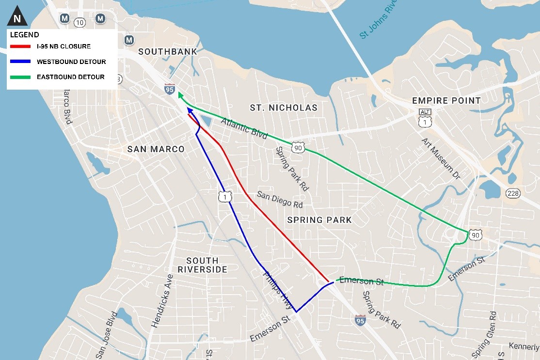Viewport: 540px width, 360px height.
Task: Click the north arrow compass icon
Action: point(17,18)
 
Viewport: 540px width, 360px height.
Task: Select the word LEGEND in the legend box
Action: point(24,35)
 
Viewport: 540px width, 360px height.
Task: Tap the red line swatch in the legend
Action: point(20,47)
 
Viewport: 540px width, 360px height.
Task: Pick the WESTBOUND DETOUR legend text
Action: point(71,62)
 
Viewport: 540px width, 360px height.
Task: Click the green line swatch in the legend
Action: point(20,77)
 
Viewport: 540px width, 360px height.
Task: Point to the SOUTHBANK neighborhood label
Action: point(168,52)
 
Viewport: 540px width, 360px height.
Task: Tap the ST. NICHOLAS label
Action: point(284,108)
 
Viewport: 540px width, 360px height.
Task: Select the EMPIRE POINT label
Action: point(446,100)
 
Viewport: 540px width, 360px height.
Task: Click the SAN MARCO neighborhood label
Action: point(156,149)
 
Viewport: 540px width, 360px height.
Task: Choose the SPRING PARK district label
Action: point(319,220)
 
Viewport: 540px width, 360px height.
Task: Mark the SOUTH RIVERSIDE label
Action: point(202,265)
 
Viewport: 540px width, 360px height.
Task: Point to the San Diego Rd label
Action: point(280,199)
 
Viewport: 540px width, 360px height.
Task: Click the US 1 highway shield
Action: point(225,197)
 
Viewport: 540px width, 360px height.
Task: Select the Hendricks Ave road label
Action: point(162,301)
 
